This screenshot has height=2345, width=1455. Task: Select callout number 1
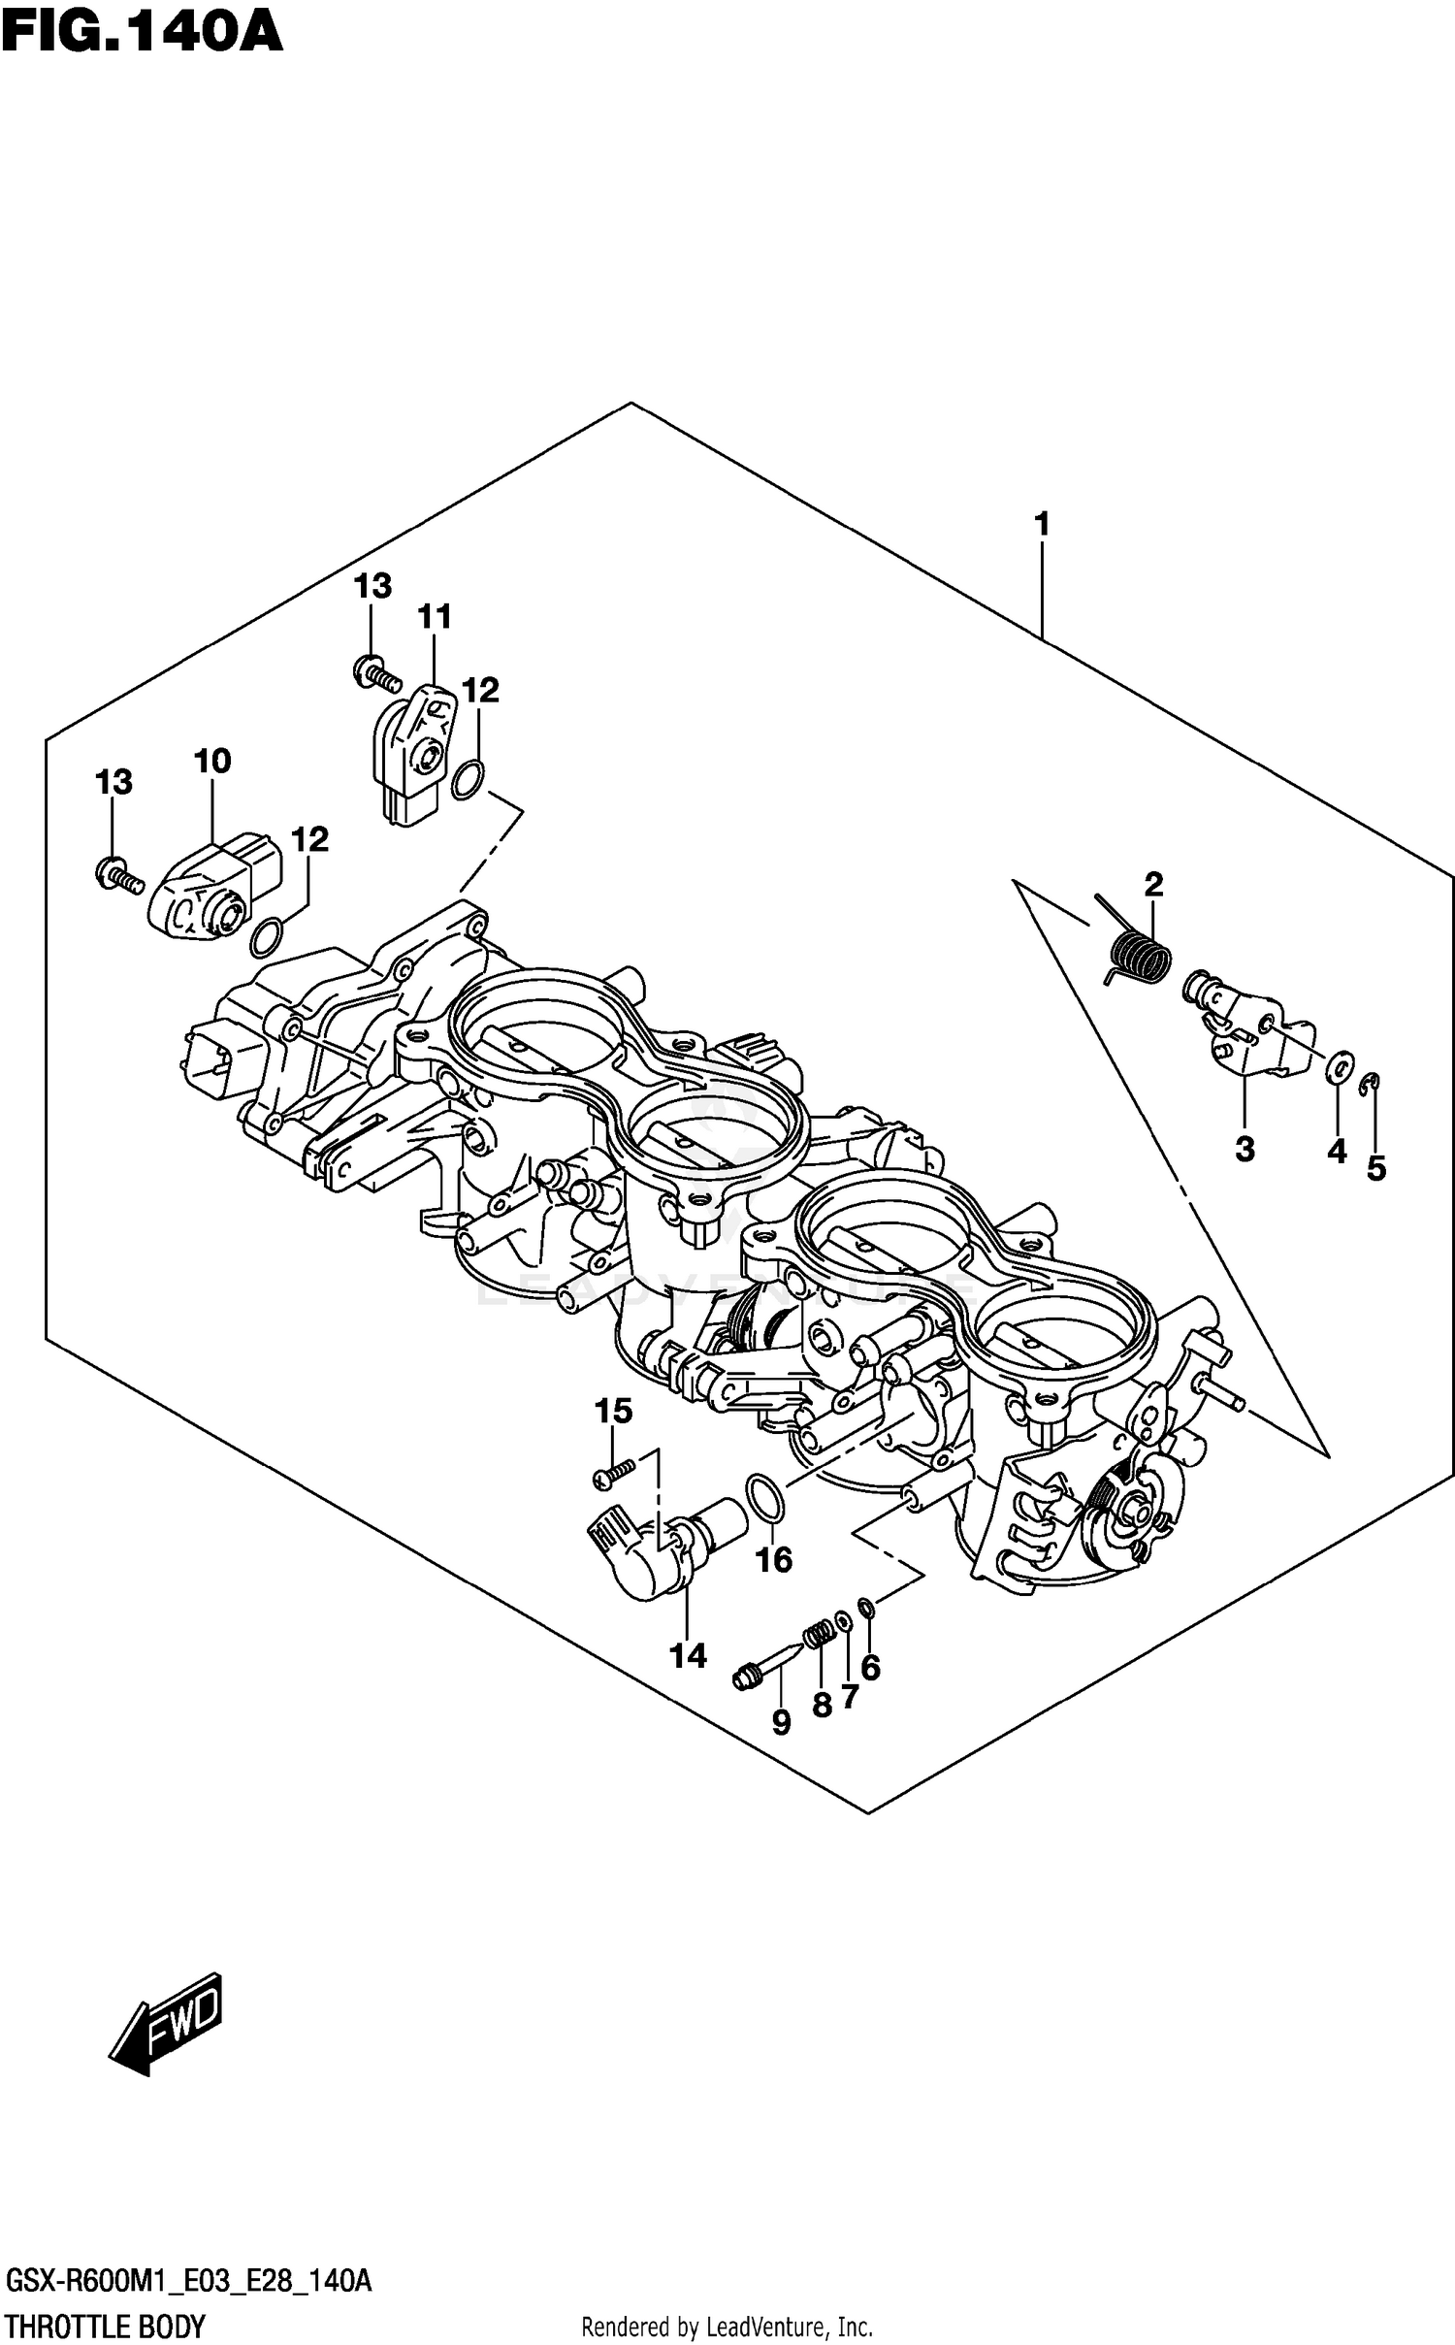[1042, 525]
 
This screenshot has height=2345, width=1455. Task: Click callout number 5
[1376, 1169]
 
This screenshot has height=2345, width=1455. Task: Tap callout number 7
[850, 1698]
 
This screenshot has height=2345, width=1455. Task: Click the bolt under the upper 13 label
[376, 672]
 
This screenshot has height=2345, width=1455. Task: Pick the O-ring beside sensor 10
[267, 937]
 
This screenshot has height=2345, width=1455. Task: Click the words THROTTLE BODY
[105, 2327]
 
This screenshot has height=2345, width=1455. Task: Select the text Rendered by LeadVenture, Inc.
[727, 2327]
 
